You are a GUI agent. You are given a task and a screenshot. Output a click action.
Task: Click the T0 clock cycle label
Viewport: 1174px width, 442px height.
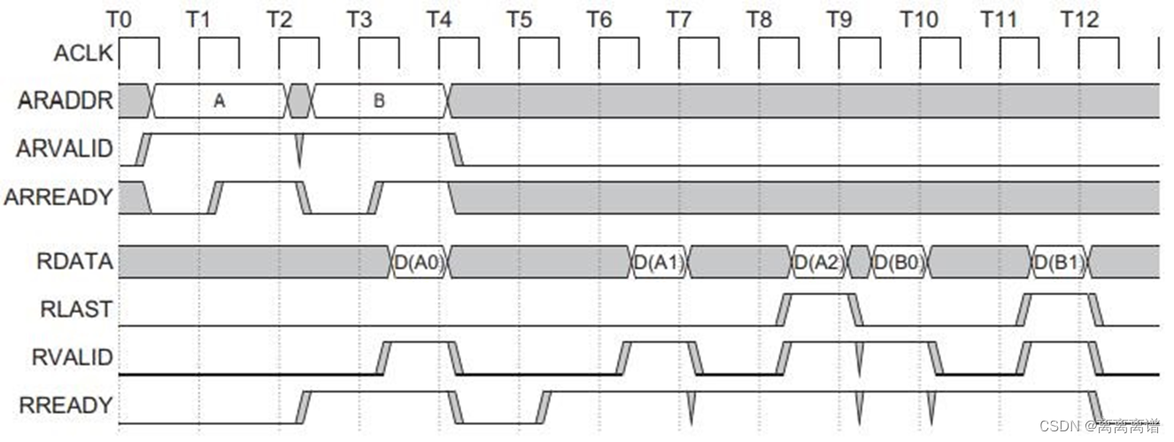120,19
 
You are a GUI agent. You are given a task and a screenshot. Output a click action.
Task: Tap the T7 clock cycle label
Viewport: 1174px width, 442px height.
679,19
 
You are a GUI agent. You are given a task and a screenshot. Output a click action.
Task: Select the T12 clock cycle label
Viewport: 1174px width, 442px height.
1079,19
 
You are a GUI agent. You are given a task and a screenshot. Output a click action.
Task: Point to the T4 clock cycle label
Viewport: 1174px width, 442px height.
439,19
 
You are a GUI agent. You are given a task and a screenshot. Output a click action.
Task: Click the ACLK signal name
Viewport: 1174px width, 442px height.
83,54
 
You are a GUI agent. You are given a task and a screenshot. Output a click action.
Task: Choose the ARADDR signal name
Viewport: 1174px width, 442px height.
66,101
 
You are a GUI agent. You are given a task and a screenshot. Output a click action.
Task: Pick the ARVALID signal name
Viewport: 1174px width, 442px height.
65,149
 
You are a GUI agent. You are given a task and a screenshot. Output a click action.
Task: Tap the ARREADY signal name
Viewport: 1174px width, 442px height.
59,197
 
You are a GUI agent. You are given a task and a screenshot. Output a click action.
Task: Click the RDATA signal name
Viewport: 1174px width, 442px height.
74,261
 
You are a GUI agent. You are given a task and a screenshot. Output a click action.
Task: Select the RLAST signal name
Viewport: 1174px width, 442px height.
76,309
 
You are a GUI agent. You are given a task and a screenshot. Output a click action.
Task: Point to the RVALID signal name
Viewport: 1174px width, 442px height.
73,357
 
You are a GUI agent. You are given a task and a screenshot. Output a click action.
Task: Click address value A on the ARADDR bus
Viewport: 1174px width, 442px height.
220,102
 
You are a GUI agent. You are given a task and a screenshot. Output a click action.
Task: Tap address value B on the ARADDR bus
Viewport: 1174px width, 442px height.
378,102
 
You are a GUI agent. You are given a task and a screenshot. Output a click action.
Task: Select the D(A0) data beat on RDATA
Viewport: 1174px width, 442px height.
420,261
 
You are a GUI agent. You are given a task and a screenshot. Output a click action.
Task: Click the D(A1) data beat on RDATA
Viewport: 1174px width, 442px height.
660,261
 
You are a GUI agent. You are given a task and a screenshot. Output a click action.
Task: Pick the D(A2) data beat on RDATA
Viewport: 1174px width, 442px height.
820,261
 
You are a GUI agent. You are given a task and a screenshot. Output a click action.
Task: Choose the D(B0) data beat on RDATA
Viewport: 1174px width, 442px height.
900,261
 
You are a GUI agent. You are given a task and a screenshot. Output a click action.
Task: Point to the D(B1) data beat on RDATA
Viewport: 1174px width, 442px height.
1060,261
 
